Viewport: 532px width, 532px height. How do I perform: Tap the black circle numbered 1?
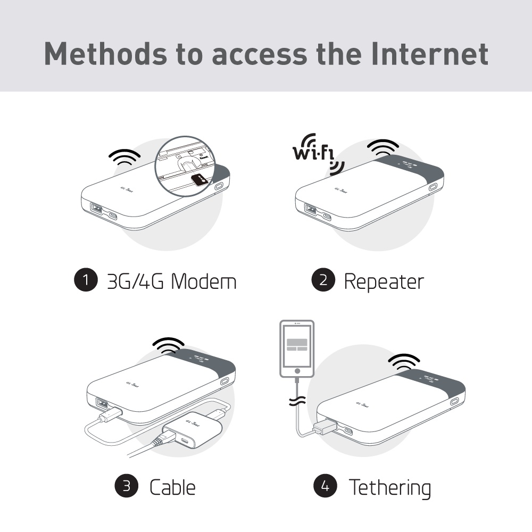[86, 280]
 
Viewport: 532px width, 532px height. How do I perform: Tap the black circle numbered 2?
[323, 280]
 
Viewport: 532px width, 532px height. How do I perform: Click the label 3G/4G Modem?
[171, 281]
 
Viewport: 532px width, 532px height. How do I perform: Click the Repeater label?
[384, 281]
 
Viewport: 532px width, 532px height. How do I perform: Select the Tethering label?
[389, 486]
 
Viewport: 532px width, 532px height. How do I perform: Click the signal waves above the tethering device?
[404, 363]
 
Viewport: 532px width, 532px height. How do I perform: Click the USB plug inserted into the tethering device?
[325, 427]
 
